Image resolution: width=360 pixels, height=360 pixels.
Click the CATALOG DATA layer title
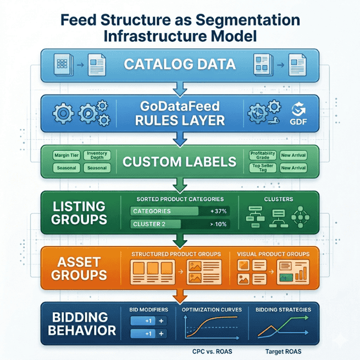point(180,64)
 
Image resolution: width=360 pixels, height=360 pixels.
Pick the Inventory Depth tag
point(97,156)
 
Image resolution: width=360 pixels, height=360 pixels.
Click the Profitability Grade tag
point(262,156)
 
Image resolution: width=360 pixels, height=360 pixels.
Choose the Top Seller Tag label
point(262,168)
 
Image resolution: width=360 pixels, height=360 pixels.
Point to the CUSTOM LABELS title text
point(180,162)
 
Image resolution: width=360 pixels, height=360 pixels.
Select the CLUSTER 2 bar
point(157,224)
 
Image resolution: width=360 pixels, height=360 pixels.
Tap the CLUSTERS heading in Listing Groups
point(278,200)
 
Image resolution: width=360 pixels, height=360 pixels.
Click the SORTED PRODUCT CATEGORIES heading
point(180,200)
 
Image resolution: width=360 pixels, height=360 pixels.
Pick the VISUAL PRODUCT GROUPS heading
point(273,254)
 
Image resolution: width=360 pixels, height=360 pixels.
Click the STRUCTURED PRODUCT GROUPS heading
point(175,254)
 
